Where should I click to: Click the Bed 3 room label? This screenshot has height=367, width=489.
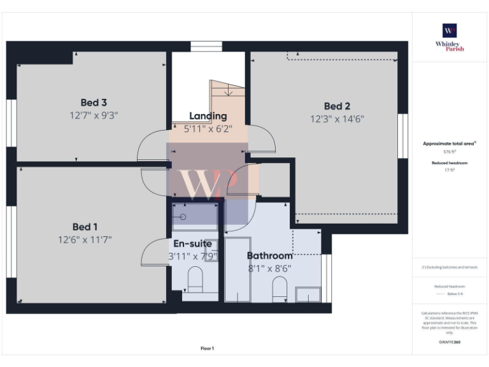pos(93,103)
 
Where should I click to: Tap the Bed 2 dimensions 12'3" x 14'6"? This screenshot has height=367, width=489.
pos(337,119)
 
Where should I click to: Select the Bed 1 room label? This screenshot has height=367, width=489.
pos(85,227)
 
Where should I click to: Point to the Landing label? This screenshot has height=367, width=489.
pos(208,116)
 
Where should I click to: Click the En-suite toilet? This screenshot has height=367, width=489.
pos(195,278)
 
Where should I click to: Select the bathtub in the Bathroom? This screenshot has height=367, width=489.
pos(239,270)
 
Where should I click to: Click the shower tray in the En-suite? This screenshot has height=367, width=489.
pos(194,217)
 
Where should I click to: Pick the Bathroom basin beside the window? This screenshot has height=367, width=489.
pos(309,294)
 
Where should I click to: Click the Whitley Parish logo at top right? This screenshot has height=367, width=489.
pos(450,31)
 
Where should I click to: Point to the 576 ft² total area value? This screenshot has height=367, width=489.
pos(450,152)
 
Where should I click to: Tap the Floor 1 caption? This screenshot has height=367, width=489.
pos(208,349)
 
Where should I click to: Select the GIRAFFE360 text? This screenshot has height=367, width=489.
pos(450,342)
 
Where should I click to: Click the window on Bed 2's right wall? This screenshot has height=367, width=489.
pos(402,136)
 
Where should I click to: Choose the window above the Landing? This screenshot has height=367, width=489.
pos(206,46)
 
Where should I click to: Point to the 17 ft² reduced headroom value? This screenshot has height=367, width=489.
pos(450,170)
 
